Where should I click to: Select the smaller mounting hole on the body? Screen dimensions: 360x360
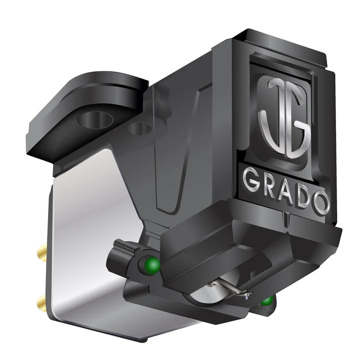(x=139, y=129)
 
